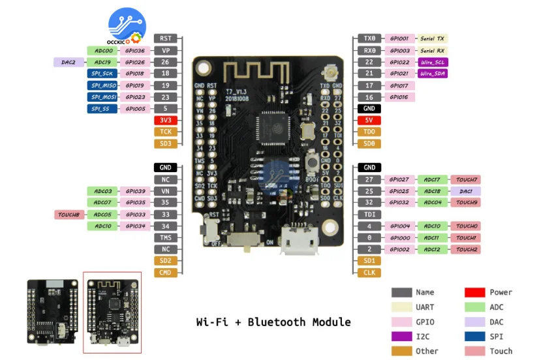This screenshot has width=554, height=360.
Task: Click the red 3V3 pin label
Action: (x=165, y=120)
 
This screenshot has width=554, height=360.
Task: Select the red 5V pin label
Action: (x=369, y=120)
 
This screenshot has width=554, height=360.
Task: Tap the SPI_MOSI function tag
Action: (x=102, y=97)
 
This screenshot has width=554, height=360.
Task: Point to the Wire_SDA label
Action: (x=433, y=74)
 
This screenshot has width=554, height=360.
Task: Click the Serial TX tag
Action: (x=432, y=38)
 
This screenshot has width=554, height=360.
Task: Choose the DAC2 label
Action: (x=69, y=62)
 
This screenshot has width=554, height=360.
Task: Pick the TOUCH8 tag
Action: (x=69, y=215)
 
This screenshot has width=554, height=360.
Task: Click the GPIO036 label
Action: (x=134, y=50)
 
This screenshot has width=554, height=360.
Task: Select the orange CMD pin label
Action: (x=165, y=273)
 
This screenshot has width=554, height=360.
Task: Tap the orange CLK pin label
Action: (x=369, y=273)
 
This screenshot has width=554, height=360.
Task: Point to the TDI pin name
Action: (x=369, y=215)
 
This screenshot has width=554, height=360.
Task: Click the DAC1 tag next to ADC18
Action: (x=465, y=191)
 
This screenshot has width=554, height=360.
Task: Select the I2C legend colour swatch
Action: (x=401, y=337)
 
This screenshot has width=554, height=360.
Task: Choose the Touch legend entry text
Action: (x=500, y=352)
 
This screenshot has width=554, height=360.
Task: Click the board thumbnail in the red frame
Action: (x=112, y=312)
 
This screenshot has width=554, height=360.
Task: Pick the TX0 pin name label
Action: (x=369, y=38)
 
